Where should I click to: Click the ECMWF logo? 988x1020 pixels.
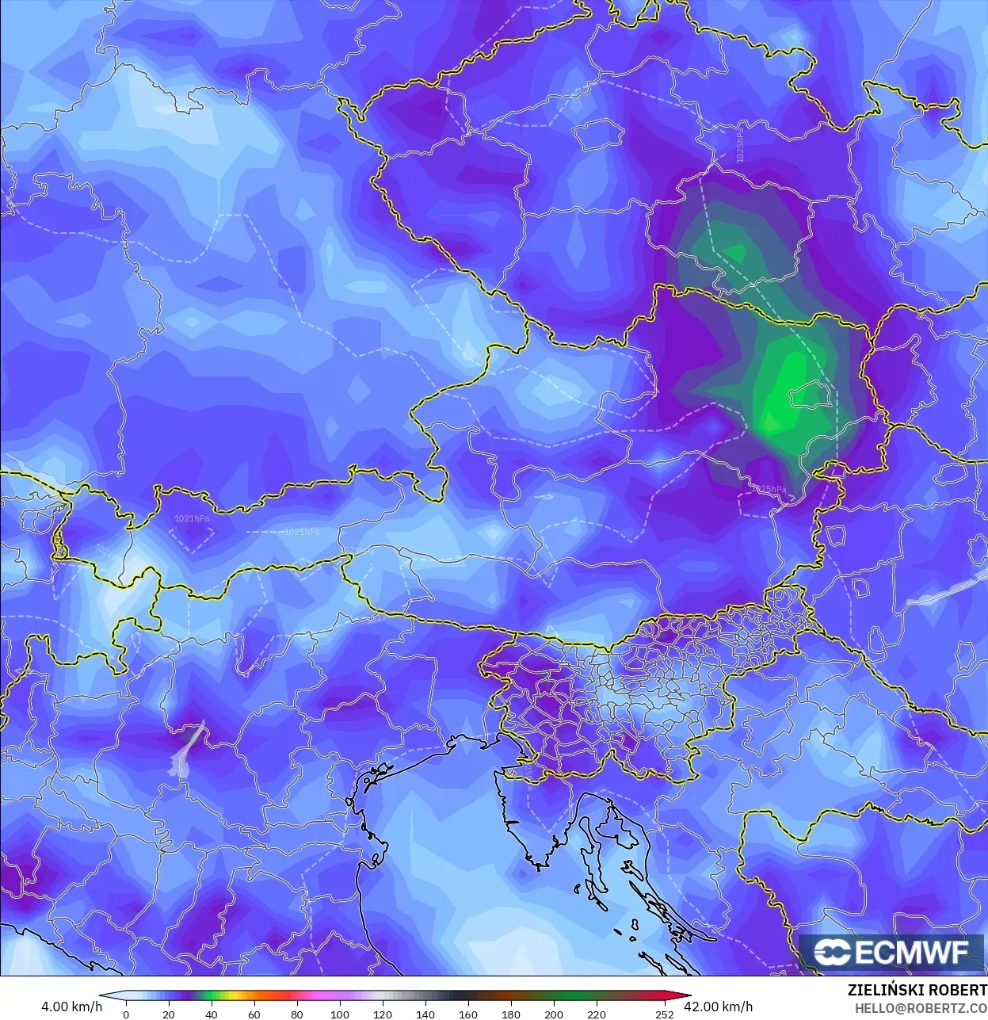click(892, 952)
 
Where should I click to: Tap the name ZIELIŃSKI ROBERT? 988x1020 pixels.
click(917, 991)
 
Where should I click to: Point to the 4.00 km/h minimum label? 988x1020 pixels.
click(71, 1007)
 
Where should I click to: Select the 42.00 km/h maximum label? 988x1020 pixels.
click(721, 1007)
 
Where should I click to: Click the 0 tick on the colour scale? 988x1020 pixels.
click(126, 1014)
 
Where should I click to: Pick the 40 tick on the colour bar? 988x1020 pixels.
click(211, 1014)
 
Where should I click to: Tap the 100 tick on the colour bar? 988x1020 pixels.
click(339, 1014)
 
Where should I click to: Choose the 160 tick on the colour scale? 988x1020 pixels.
click(467, 1014)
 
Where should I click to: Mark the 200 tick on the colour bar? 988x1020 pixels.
click(554, 1014)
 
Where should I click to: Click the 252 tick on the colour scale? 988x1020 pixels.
click(665, 1014)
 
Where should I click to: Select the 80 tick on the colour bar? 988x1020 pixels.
click(296, 1014)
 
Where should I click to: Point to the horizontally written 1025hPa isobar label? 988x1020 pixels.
click(769, 489)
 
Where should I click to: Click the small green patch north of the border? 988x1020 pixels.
click(735, 253)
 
